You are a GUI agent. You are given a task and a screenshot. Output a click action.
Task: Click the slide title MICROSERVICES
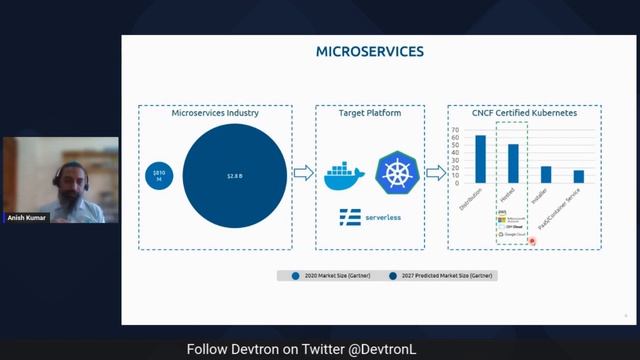(x=370, y=51)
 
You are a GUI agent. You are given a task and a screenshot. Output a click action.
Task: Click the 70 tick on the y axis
(x=457, y=128)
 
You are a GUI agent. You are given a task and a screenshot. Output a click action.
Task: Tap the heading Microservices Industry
(x=215, y=114)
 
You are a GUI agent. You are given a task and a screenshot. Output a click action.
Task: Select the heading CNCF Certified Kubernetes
(x=524, y=114)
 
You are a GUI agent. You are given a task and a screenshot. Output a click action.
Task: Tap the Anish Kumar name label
(x=28, y=217)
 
